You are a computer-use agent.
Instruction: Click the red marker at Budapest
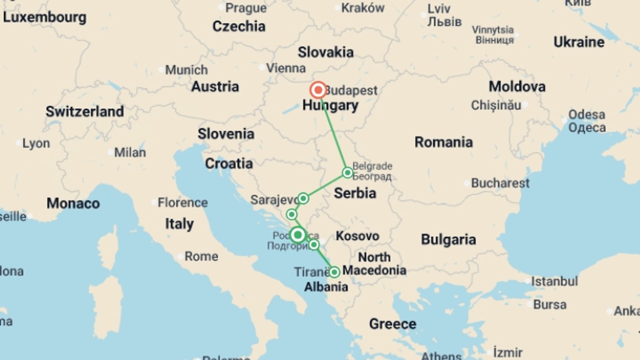point(318,90)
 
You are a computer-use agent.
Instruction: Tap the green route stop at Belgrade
point(347,173)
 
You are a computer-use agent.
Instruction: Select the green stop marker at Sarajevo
point(303,199)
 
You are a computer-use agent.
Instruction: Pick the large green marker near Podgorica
point(298,235)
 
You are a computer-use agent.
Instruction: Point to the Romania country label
point(443,142)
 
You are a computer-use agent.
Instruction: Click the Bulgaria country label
point(448,240)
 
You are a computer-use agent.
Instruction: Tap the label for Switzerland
point(85,112)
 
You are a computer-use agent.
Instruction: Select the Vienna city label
point(286,68)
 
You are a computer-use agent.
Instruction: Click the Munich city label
point(186,70)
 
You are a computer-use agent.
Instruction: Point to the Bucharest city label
point(500,183)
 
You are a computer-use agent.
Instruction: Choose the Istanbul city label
point(554,281)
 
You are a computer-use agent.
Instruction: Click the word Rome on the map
point(201,256)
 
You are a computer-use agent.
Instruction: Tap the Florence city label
point(182,202)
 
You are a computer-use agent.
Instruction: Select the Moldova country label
point(517,87)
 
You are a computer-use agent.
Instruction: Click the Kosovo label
point(357,236)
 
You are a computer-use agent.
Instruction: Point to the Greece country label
point(393,324)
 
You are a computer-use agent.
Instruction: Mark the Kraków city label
point(363,8)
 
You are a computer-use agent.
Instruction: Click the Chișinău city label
point(496,105)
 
